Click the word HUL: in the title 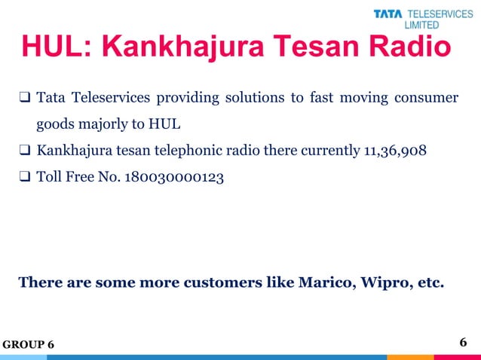click(56, 47)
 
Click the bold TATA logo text click(389, 14)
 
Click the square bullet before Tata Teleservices click(24, 98)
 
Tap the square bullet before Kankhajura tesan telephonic click(24, 150)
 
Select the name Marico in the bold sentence click(322, 284)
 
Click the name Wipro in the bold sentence click(381, 284)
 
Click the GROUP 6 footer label click(28, 344)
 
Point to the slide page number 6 click(464, 343)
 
